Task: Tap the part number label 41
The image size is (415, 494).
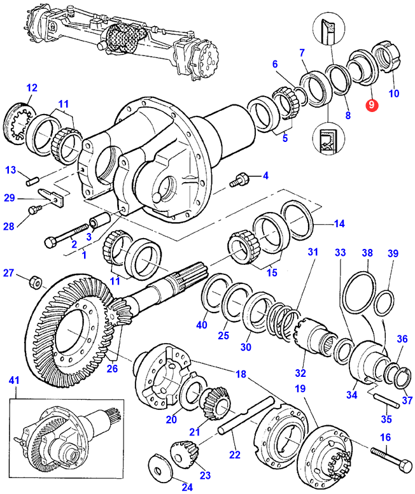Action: [x=14, y=380]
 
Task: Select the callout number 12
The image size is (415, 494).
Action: [x=32, y=88]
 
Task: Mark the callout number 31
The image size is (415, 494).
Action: [x=313, y=252]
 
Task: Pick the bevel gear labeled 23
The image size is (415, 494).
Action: [x=184, y=453]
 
